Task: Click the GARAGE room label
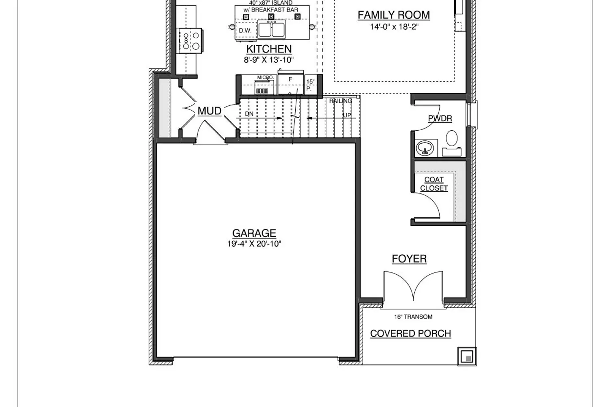[254, 233]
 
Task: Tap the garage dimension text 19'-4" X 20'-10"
[254, 244]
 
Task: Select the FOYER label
[409, 259]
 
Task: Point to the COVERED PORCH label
[410, 333]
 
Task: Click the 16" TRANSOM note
[413, 317]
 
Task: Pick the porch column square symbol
[467, 356]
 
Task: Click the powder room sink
[425, 148]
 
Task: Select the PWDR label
[440, 118]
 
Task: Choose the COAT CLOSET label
[434, 184]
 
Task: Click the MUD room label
[209, 111]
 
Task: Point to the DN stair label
[249, 114]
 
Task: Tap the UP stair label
[347, 115]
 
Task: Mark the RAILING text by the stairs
[340, 101]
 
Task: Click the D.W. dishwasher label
[245, 31]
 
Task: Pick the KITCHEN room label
[269, 49]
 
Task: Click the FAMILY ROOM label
[394, 15]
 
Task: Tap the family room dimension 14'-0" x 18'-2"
[394, 27]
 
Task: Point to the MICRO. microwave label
[265, 77]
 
